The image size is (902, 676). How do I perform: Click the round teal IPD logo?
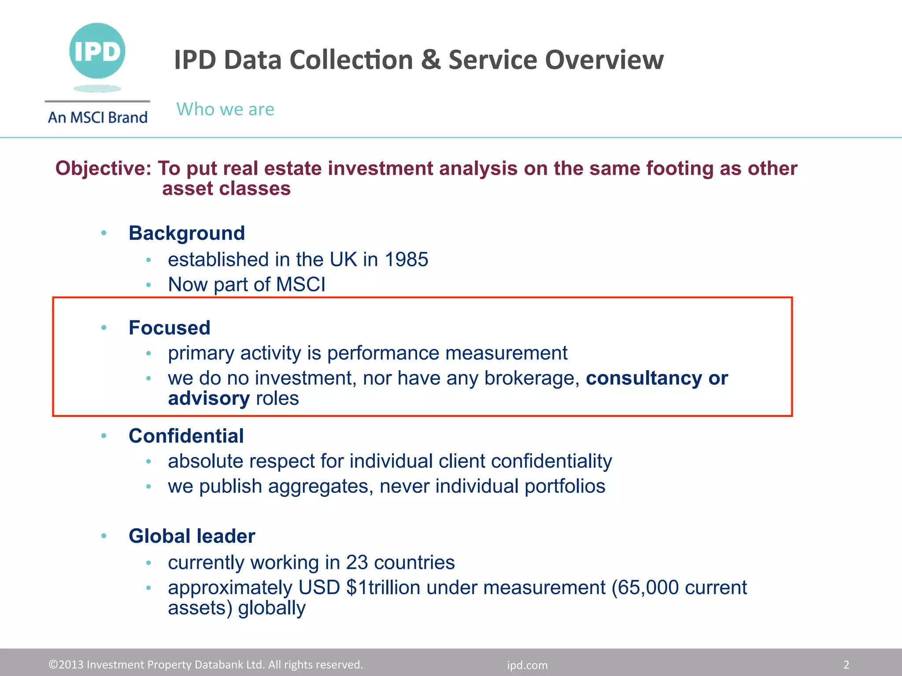[97, 51]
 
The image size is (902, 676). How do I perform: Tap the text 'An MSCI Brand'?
[98, 118]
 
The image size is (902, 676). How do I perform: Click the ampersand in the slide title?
[430, 60]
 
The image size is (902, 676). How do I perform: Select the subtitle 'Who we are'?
[225, 109]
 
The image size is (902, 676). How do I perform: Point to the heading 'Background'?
[187, 233]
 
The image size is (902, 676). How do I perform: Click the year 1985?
[406, 260]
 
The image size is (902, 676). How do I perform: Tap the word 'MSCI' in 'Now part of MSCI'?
[301, 285]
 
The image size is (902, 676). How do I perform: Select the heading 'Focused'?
[170, 328]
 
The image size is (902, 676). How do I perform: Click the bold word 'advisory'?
[209, 398]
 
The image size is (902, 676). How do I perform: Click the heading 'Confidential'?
[186, 436]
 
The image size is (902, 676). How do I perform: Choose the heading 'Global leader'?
[192, 536]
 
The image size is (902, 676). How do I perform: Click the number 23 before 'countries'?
[357, 562]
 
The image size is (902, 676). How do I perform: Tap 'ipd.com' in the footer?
[527, 665]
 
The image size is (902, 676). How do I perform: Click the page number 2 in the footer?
[846, 665]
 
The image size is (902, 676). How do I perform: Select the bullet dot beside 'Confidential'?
[104, 436]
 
